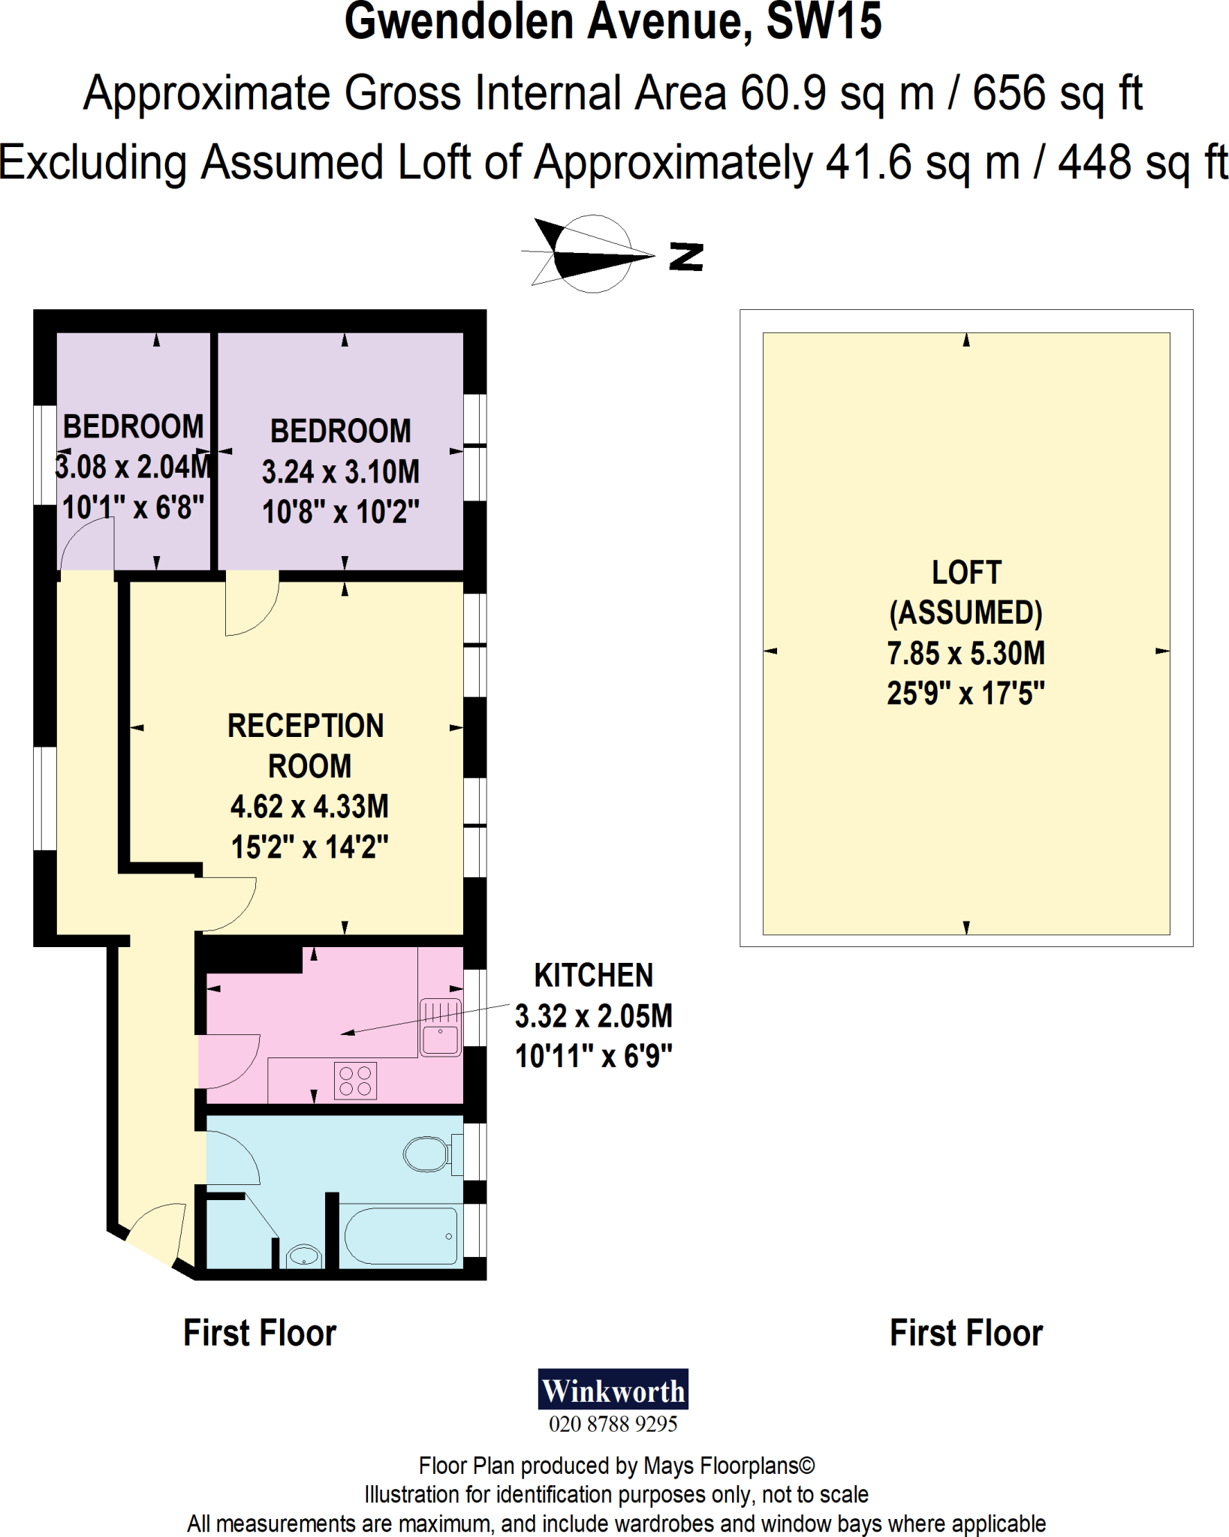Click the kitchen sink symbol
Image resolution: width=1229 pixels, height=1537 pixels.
pyautogui.click(x=440, y=1027)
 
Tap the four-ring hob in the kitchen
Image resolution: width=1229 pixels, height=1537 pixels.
pyautogui.click(x=355, y=1081)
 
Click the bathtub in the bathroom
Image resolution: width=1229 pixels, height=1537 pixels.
pyautogui.click(x=401, y=1236)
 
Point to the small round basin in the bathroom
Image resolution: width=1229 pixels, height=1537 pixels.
pyautogui.click(x=304, y=1255)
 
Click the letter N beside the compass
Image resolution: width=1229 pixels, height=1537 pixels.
pyautogui.click(x=686, y=257)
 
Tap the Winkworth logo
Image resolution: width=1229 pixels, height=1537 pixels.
pyautogui.click(x=613, y=1390)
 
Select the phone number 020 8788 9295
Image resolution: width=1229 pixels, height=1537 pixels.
pyautogui.click(x=613, y=1424)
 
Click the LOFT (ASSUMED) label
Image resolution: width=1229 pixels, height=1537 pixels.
pyautogui.click(x=965, y=593)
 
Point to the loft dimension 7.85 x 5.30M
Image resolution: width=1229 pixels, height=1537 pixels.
pyautogui.click(x=965, y=654)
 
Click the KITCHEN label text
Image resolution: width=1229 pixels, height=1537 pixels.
pyautogui.click(x=593, y=976)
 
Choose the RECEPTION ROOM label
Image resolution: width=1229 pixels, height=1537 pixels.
pyautogui.click(x=307, y=746)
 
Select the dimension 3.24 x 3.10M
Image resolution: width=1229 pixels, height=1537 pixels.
pyautogui.click(x=340, y=472)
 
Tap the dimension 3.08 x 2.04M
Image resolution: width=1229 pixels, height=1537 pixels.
pyautogui.click(x=134, y=467)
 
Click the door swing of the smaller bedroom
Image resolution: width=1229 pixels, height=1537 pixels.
pyautogui.click(x=86, y=544)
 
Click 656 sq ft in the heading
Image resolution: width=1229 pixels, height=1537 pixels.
pyautogui.click(x=1057, y=94)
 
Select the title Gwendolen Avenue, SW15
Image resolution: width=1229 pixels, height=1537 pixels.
pyautogui.click(x=613, y=23)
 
